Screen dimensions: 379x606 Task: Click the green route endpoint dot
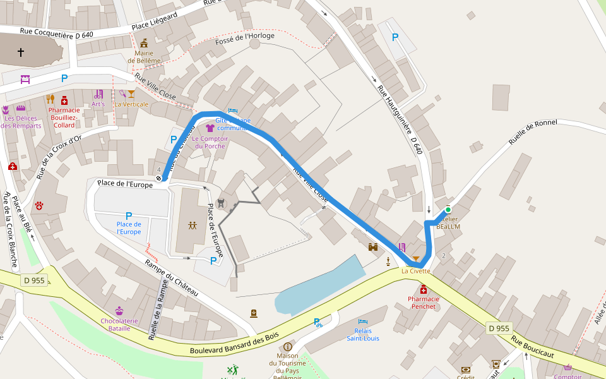[x=448, y=210]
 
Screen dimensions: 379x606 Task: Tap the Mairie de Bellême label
[x=144, y=57]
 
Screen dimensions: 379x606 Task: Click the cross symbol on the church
[x=20, y=52]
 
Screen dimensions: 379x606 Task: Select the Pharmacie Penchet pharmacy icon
[x=423, y=289]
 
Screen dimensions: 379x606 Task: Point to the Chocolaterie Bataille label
[x=119, y=324]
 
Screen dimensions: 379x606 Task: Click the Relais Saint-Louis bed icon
[x=363, y=322]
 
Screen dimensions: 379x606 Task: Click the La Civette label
[x=415, y=271]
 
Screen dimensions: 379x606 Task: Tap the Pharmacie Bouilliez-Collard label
[x=64, y=117]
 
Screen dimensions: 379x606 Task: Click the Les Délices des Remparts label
[x=21, y=122]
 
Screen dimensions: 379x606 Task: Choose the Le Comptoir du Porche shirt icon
[x=210, y=128]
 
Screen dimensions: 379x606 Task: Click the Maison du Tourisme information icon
[x=288, y=347]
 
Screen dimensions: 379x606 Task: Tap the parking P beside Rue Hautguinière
[x=395, y=37]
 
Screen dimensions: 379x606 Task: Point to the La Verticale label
[x=131, y=104]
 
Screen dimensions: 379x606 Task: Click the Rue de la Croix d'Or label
[x=58, y=156]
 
